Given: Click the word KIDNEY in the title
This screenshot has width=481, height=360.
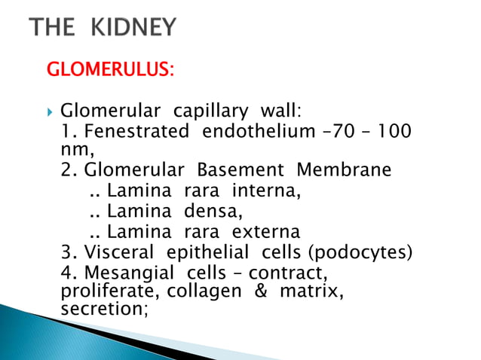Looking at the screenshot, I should click(x=135, y=28).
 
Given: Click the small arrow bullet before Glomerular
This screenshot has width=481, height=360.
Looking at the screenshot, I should click(x=50, y=113).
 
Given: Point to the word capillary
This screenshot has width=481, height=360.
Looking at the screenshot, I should click(x=210, y=113).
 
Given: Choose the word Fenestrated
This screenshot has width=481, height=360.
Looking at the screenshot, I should click(x=137, y=133).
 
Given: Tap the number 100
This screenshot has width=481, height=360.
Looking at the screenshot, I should click(x=394, y=133).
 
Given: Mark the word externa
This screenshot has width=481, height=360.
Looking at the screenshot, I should click(x=267, y=231).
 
